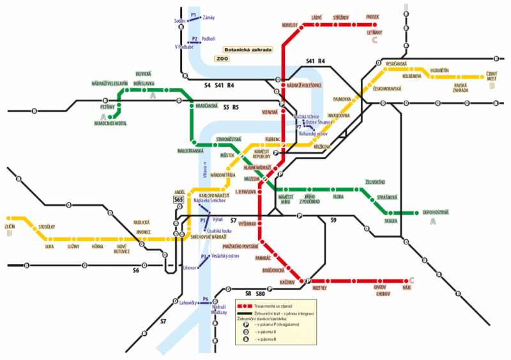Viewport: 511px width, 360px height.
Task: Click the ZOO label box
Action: click(222, 59)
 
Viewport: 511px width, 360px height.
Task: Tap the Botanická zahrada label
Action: click(248, 49)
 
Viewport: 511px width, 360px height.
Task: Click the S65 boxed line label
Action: click(179, 200)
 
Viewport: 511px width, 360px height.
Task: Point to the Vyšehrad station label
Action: click(247, 225)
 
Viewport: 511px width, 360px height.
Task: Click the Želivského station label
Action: click(375, 181)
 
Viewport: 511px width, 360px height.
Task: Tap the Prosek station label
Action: click(372, 17)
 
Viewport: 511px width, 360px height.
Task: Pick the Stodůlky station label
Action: click(48, 227)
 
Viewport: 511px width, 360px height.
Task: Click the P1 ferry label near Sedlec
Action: click(193, 13)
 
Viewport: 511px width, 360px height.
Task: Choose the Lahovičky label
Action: click(190, 302)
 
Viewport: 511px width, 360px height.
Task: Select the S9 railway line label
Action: click(333, 220)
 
